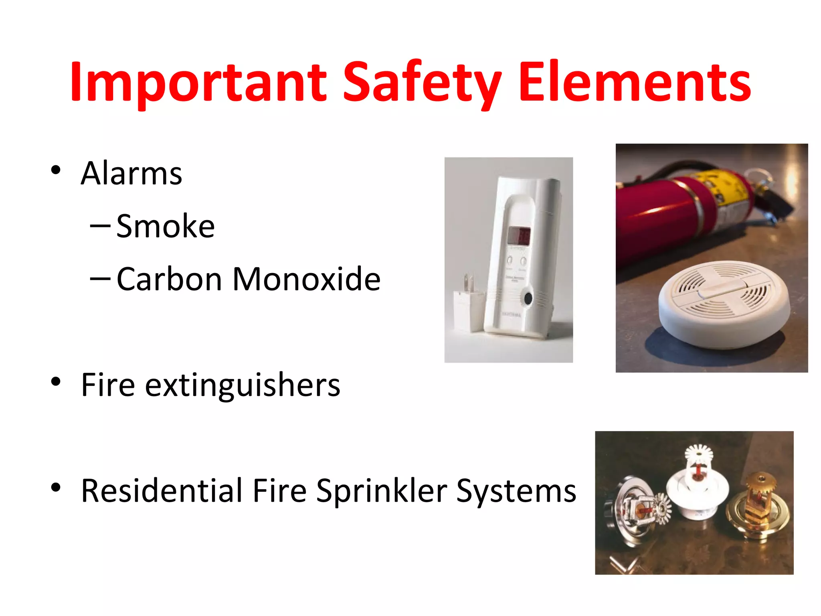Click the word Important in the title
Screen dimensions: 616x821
point(198,82)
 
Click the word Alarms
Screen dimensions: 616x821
point(131,173)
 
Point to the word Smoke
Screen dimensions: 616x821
point(166,226)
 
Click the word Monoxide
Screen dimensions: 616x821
point(306,279)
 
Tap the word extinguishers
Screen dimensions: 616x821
point(243,385)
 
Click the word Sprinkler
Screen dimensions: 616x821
point(381,491)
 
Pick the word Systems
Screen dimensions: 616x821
point(516,491)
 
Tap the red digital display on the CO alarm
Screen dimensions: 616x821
point(519,235)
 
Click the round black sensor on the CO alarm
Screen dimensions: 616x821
point(528,298)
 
